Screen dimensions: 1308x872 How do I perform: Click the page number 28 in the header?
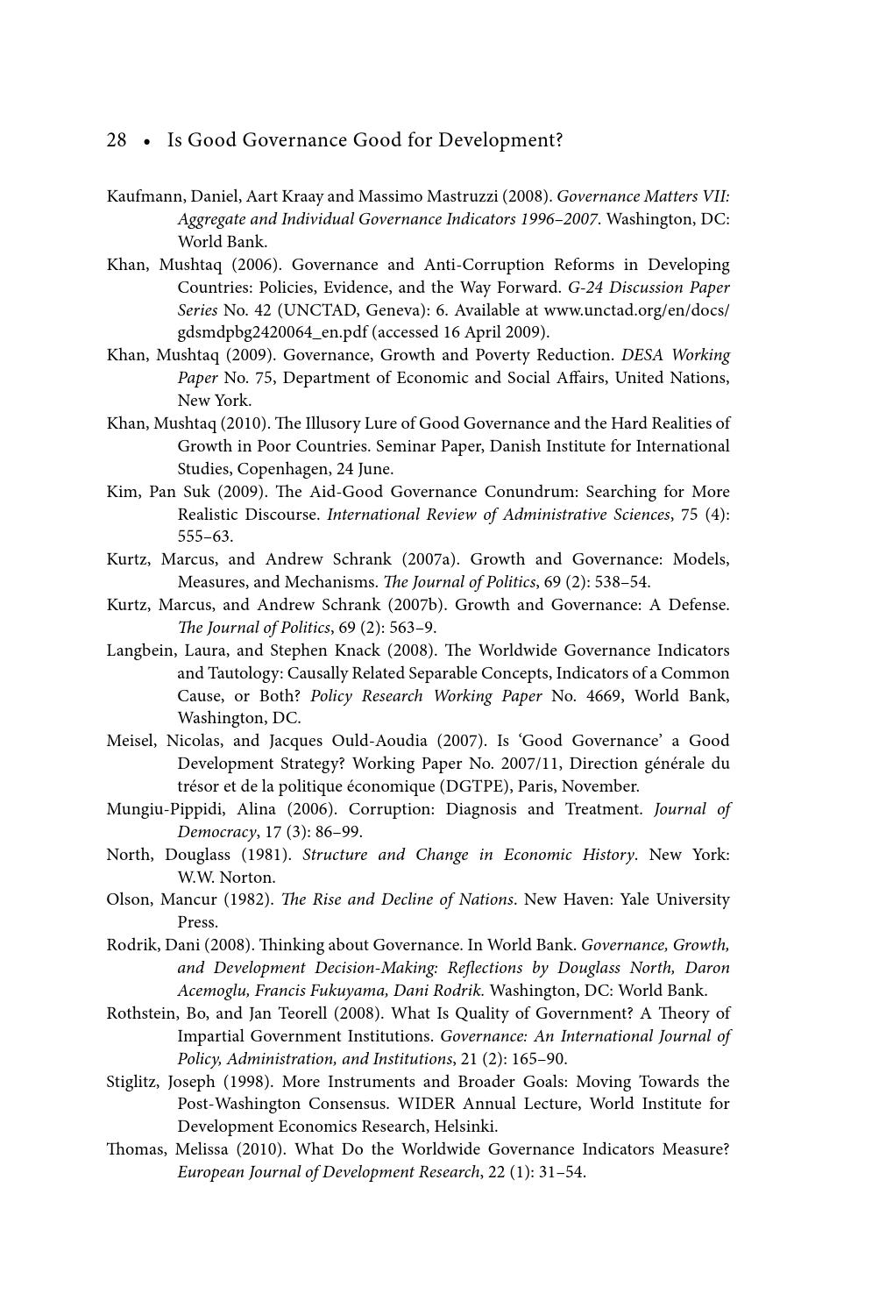point(117,140)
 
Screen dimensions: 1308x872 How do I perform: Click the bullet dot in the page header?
point(147,141)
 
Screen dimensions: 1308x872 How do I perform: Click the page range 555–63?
point(205,537)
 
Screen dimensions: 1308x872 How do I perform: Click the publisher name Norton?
point(252,878)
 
